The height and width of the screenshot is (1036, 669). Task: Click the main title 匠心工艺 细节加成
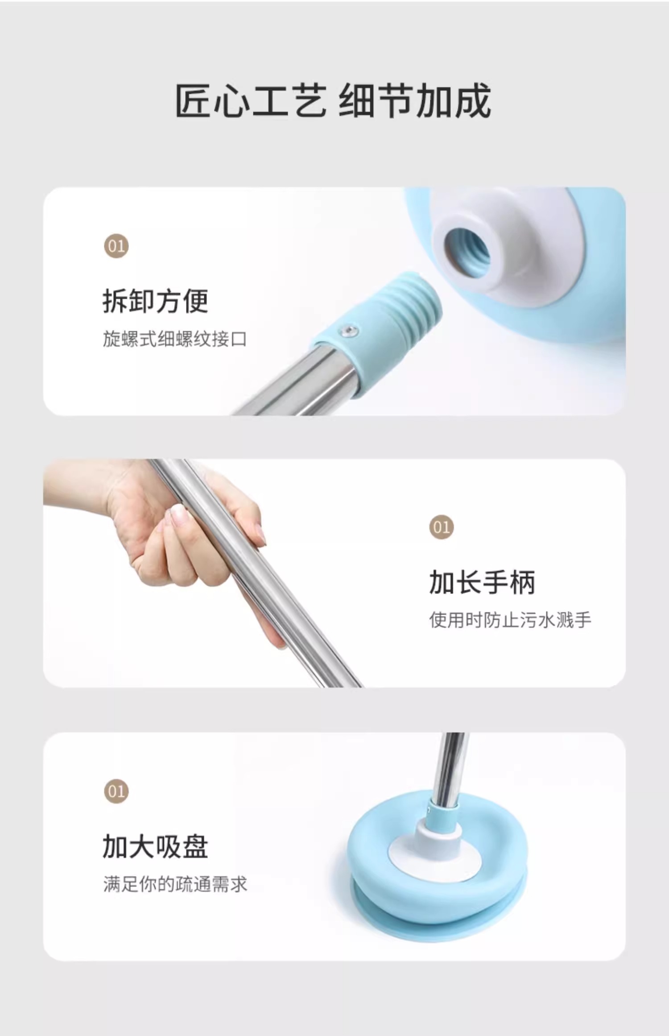[333, 101]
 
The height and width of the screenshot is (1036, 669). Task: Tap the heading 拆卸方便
[156, 301]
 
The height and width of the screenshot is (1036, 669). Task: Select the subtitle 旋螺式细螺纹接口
[175, 339]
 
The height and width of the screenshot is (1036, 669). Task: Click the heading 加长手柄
[482, 582]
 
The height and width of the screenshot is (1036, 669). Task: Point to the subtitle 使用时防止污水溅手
[510, 620]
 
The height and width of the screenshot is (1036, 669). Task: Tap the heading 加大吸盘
[156, 846]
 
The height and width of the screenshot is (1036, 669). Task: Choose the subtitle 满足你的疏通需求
[175, 884]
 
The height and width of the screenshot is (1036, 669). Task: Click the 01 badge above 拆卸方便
[116, 246]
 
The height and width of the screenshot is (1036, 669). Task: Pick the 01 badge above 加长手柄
[442, 527]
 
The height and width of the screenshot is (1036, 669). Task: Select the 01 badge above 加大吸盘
[116, 792]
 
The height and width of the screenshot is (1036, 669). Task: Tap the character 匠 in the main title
[193, 101]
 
